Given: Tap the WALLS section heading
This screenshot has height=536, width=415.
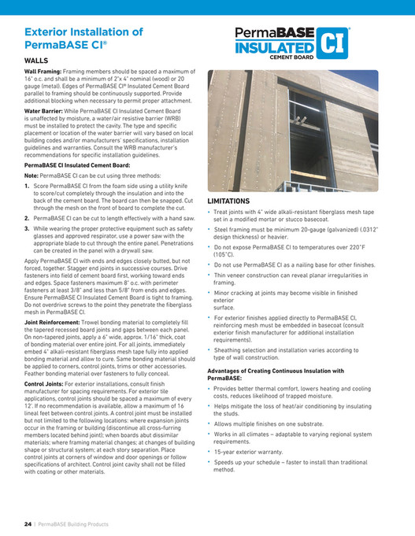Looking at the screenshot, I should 36,60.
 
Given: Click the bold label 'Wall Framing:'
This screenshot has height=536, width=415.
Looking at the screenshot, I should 43,71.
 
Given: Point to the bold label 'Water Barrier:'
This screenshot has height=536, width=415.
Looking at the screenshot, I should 45,112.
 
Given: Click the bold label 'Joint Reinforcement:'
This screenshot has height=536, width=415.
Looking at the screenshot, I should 54,323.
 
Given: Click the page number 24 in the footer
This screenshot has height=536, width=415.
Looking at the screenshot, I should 26,524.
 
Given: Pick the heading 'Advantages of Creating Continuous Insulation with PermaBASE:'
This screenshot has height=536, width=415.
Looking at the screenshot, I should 275,374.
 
